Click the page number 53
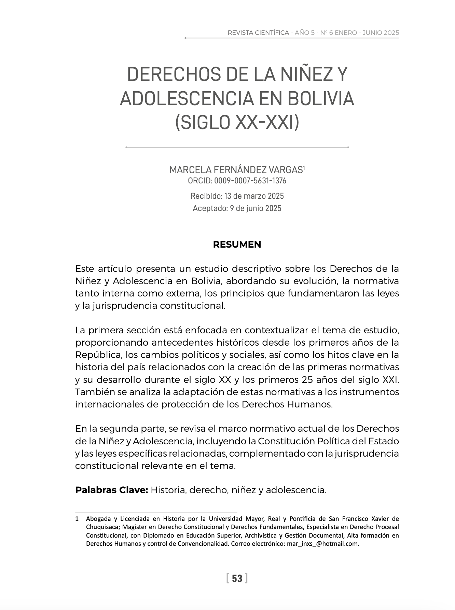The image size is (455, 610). (237, 579)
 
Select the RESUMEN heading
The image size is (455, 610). (237, 245)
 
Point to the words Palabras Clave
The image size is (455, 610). (111, 490)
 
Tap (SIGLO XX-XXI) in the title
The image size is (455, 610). (237, 122)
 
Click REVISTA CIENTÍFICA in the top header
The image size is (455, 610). (258, 33)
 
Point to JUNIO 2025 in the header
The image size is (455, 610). (381, 33)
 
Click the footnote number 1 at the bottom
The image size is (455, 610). (77, 519)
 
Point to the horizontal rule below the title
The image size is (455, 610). (237, 147)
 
